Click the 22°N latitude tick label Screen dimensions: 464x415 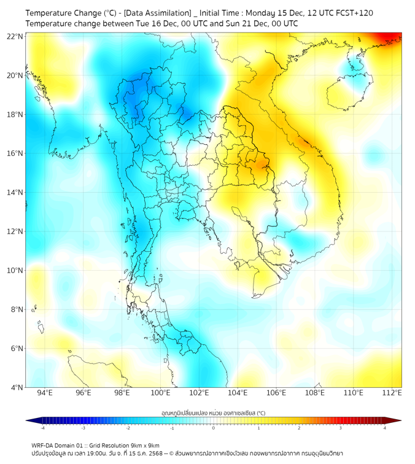tap(15, 36)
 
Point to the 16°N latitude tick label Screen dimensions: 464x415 tap(15, 153)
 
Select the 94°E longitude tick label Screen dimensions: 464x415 tap(45, 393)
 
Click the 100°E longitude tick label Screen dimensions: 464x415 tap(160, 393)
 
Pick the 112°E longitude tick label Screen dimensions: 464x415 tap(392, 393)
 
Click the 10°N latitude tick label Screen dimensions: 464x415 tap(15, 271)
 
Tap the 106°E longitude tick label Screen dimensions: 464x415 tap(276, 393)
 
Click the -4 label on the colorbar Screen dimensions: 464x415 tap(42, 428)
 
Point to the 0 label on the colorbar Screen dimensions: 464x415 tap(214, 428)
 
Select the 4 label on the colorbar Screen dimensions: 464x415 tap(385, 428)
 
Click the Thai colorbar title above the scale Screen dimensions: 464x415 tap(213, 413)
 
